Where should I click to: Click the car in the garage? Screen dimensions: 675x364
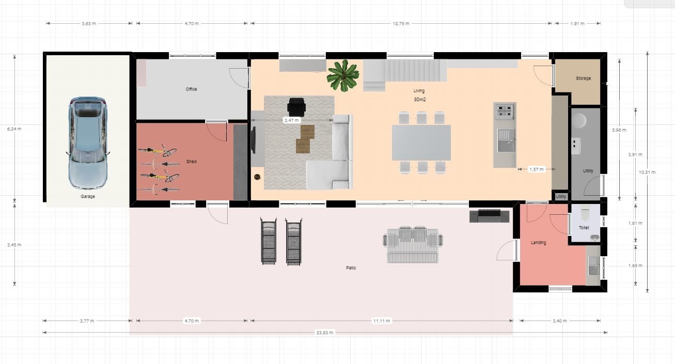87,143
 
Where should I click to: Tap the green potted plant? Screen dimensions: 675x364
343,75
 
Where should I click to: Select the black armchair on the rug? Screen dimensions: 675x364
296,107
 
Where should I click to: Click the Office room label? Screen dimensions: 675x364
192,89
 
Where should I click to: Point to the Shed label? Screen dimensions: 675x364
192,162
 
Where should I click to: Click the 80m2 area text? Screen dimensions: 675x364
420,100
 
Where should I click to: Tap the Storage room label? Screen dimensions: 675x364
583,78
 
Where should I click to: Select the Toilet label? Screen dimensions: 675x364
584,228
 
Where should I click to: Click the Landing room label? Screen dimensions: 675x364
538,243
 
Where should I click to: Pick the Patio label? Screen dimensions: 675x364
351,268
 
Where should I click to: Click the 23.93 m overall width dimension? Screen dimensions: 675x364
324,333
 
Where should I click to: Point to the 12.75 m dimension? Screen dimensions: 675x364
401,24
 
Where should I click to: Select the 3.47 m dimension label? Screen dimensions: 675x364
291,120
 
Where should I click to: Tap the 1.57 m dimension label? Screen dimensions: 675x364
537,169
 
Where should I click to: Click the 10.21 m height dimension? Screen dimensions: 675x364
647,172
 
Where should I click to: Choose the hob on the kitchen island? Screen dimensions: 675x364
505,110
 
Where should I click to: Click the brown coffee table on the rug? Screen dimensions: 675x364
305,139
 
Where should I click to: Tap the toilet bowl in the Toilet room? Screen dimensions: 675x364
585,215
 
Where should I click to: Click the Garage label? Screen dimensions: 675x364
88,197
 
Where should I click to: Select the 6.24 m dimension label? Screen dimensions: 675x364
14,129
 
